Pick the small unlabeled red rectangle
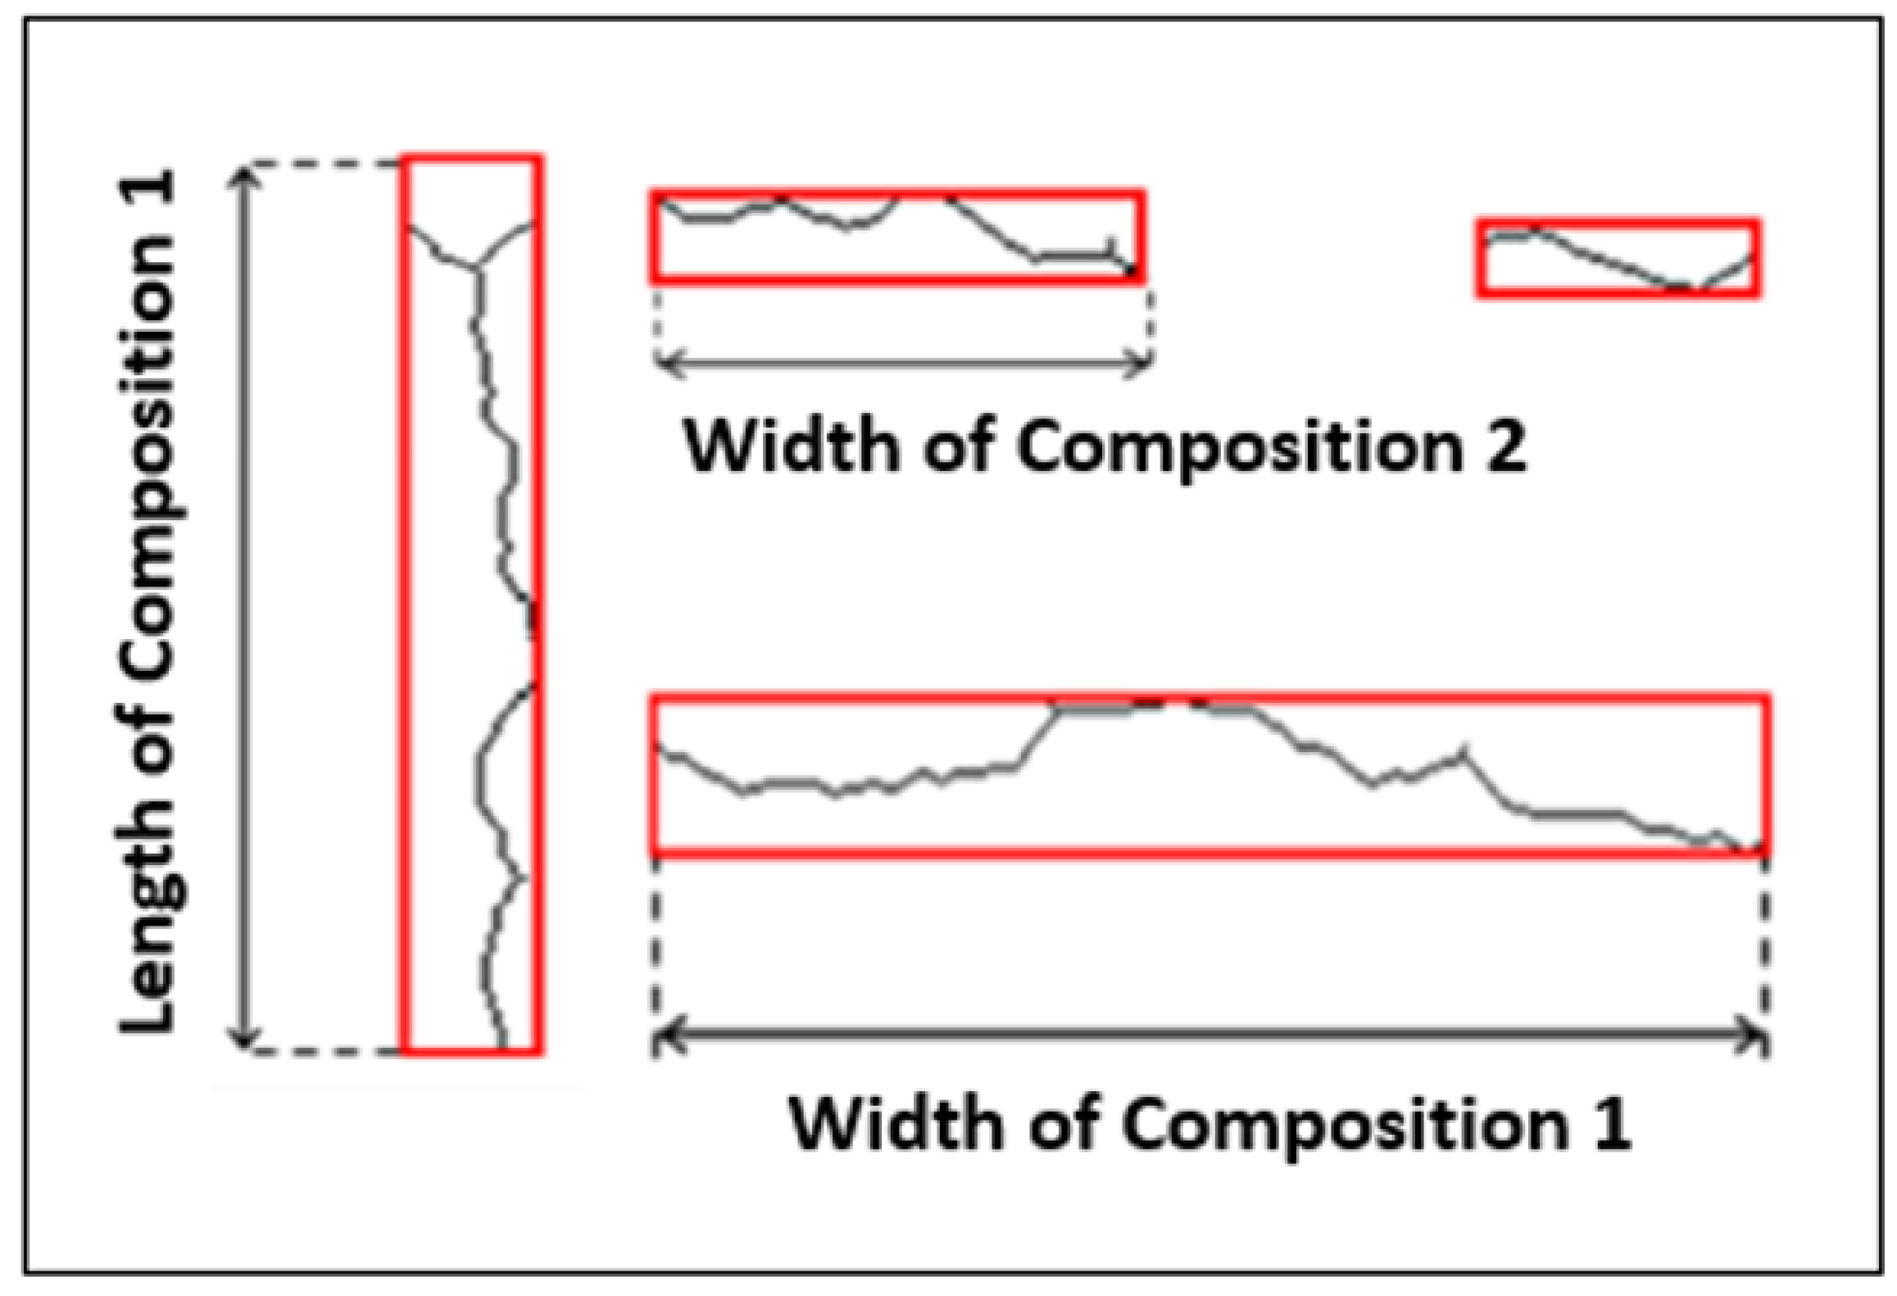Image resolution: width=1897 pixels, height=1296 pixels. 1618,258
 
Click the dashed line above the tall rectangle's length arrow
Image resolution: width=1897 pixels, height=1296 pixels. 324,163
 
